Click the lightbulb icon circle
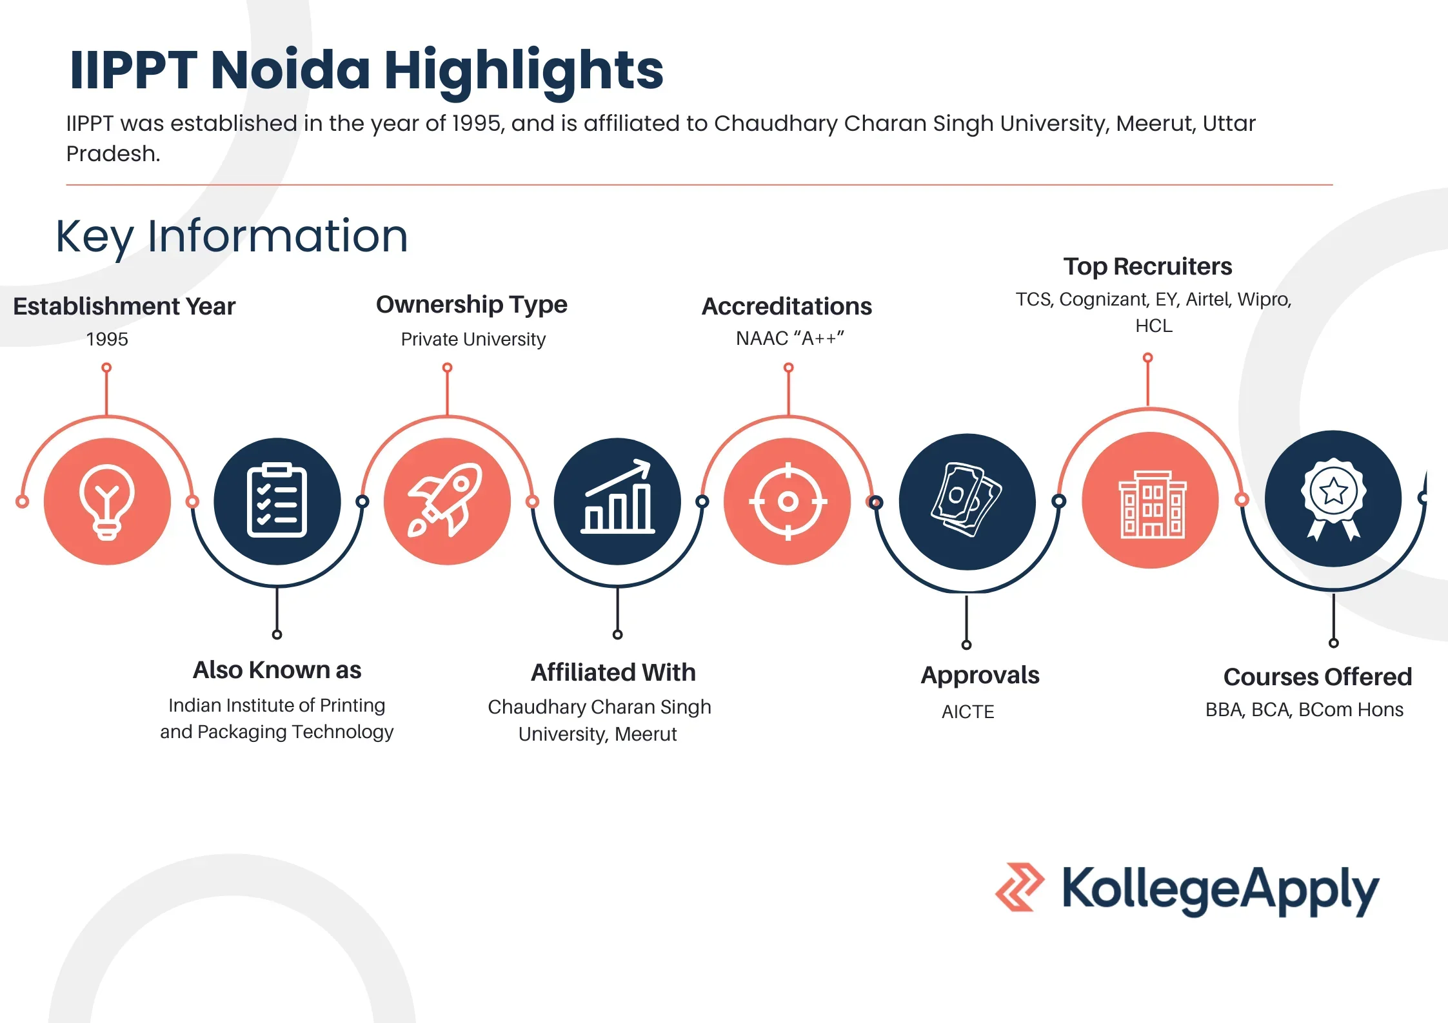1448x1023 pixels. click(x=107, y=502)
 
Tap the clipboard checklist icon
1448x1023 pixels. click(x=277, y=501)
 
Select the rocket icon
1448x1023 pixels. click(x=445, y=500)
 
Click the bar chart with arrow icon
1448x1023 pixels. click(x=617, y=496)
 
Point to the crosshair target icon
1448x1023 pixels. click(x=788, y=501)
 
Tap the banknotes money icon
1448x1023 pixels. click(x=966, y=500)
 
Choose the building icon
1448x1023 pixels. click(x=1152, y=505)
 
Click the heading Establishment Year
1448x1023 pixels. click(x=124, y=306)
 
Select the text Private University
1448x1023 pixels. click(x=473, y=339)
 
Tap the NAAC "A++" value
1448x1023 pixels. click(x=789, y=338)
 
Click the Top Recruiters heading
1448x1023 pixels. click(x=1147, y=267)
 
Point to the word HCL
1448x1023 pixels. click(x=1153, y=326)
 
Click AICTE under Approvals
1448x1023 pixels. click(x=967, y=712)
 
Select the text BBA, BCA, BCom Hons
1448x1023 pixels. click(x=1304, y=710)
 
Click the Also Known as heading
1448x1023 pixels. click(x=277, y=670)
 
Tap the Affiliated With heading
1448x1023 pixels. click(x=613, y=672)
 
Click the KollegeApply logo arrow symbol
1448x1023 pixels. click(x=1019, y=887)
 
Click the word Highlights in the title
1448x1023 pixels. click(x=524, y=71)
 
